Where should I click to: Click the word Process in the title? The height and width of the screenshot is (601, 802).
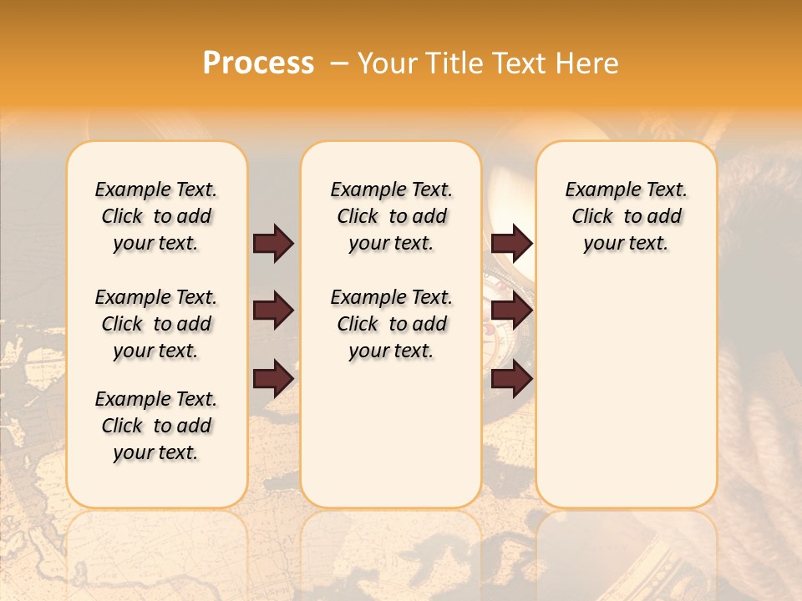[x=258, y=63]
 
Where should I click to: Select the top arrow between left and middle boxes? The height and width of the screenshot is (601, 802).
[x=273, y=243]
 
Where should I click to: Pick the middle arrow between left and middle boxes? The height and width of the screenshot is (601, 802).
[x=273, y=311]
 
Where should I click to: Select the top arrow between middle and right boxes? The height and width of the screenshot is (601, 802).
[x=512, y=243]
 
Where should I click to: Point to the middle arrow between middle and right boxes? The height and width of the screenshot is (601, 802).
[x=512, y=311]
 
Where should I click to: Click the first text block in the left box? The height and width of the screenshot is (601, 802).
[x=156, y=216]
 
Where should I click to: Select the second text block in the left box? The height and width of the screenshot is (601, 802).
[x=156, y=324]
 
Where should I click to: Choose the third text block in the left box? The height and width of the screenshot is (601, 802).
[x=156, y=426]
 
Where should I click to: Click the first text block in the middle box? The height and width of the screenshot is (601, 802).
[x=392, y=216]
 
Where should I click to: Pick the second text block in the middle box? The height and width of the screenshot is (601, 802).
[x=392, y=324]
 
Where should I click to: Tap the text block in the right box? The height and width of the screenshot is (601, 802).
[x=627, y=216]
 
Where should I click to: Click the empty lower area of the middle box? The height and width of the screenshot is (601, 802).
[x=391, y=434]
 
